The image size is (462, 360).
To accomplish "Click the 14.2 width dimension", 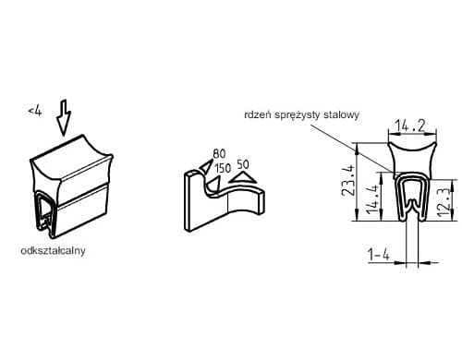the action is coord(410,126).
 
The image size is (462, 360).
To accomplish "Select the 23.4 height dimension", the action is coord(348,181).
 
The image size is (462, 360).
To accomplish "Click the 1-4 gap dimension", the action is coord(379,255).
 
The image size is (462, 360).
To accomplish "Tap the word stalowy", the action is coord(342,115).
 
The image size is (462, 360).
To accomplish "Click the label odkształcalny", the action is coord(53,251).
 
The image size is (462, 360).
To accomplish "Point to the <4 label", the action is coord(35,111).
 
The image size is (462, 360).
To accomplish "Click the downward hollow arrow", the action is coord(64,117).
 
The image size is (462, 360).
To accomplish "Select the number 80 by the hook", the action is coord(219,153).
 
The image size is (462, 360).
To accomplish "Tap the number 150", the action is coord(223,168).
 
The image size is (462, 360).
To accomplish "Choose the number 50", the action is coord(243,164).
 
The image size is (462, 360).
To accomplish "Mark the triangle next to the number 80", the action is coord(205,166).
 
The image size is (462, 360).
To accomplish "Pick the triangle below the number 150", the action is coord(213,184).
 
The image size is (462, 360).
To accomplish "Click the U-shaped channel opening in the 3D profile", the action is coord(45,212).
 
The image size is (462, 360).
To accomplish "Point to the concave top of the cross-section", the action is coord(412,149).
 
